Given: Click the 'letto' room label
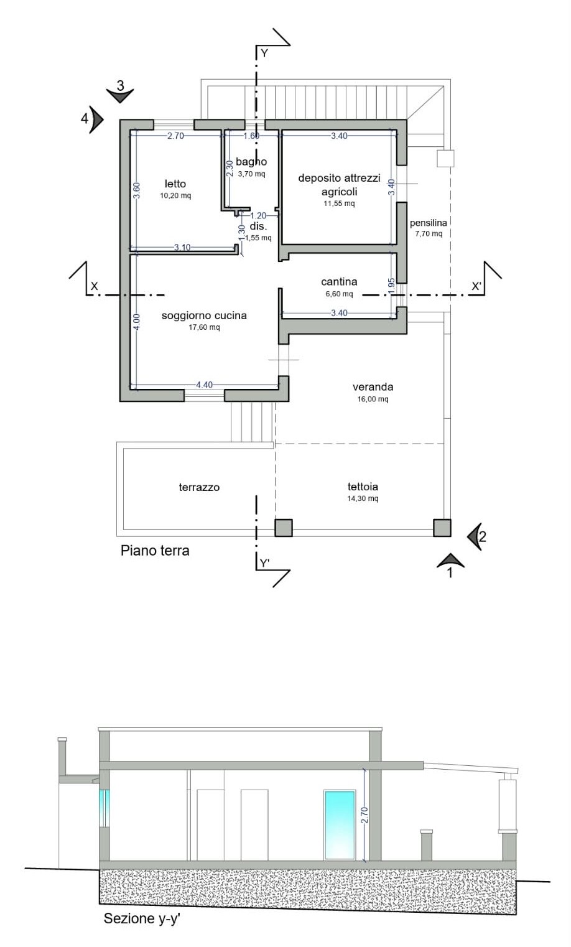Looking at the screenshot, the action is (x=175, y=184).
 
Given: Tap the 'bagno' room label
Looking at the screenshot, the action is (x=251, y=162).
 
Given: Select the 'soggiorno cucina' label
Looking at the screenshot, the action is (x=204, y=315).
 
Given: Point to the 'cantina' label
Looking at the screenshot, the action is (x=339, y=282).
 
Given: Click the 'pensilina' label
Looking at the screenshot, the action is (x=428, y=223).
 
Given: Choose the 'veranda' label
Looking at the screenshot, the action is (x=373, y=387).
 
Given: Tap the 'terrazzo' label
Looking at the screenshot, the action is (x=199, y=487).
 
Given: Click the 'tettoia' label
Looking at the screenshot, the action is (x=363, y=487).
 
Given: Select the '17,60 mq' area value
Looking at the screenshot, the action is (x=204, y=327).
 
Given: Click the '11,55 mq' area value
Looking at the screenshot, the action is (x=339, y=203).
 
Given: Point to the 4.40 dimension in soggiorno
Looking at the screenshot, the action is (x=204, y=385).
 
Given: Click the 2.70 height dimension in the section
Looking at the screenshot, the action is (x=364, y=815).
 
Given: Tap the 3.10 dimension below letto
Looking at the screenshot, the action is (x=182, y=247).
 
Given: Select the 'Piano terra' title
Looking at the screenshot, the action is (x=155, y=551).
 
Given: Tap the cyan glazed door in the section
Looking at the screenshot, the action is (x=340, y=825).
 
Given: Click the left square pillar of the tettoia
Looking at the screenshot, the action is (x=284, y=528).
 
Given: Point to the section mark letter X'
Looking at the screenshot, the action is (x=476, y=286).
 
